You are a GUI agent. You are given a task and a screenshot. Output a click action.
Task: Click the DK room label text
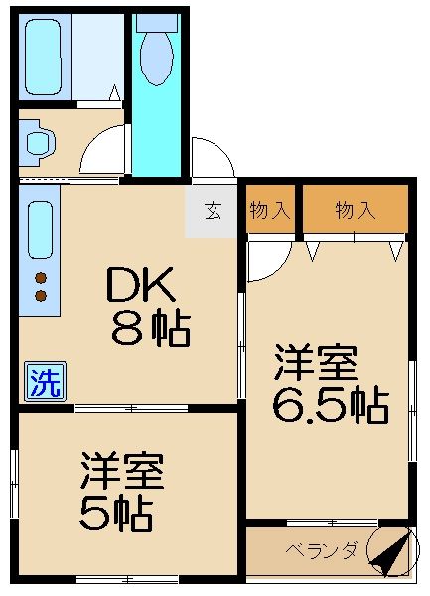click(141, 289)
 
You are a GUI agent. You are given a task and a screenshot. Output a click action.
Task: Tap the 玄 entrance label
click(212, 212)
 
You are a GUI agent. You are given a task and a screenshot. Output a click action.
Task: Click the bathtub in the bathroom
click(45, 57)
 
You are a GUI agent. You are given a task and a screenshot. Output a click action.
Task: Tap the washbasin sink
click(37, 141)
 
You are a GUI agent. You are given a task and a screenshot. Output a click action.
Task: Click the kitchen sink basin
click(41, 230)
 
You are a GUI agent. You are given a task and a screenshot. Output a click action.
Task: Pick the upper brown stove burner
click(41, 277)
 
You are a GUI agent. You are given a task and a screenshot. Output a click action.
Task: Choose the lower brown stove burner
click(41, 295)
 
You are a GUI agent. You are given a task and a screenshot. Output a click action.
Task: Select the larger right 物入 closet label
click(356, 210)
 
